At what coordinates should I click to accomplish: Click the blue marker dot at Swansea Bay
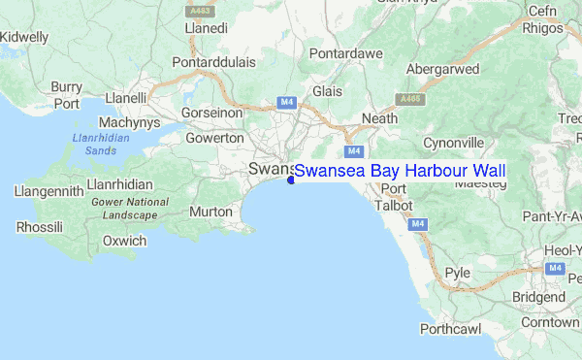291,179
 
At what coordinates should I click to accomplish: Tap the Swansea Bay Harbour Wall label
400,172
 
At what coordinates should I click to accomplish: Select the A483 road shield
199,10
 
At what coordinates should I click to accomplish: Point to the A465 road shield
410,99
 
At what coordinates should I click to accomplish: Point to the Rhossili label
40,227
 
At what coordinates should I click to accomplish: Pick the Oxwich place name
124,241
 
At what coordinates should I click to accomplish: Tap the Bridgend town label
539,295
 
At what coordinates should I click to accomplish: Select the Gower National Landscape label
128,208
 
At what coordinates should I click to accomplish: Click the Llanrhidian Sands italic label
94,145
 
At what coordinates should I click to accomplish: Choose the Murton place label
210,212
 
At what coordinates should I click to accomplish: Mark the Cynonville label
453,143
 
